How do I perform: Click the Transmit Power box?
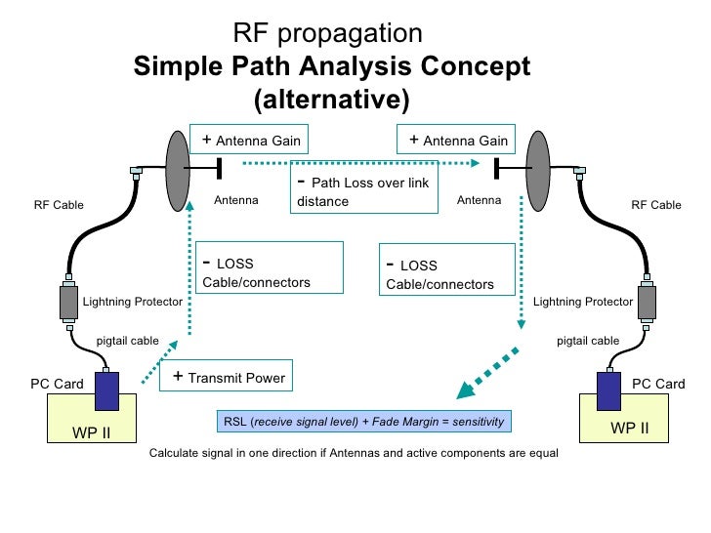coord(226,375)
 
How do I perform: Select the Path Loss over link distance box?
coord(364,187)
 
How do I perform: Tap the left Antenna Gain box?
coord(249,140)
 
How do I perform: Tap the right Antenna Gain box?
coord(456,140)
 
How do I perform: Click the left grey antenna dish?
coord(178,171)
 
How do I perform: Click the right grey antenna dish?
coord(538,171)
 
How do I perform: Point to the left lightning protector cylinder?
coord(68,302)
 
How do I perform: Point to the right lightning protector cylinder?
coord(648,302)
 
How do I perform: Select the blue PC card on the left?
coord(107,391)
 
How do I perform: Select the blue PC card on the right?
coord(609,391)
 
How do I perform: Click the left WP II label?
coord(91,432)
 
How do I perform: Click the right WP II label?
coord(629,428)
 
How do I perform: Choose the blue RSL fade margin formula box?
coord(364,422)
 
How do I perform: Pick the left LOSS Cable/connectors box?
coord(270,267)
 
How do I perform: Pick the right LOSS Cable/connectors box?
coord(447,269)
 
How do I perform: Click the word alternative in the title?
coord(331,100)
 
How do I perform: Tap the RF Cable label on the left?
coord(59,205)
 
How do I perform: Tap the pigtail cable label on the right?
coord(588,341)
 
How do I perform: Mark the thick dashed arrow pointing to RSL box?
coord(487,373)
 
